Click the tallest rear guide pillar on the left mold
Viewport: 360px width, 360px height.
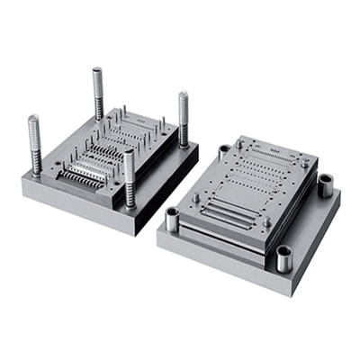[97, 94]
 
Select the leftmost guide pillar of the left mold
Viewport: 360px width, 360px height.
[35, 144]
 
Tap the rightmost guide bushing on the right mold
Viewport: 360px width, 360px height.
[325, 186]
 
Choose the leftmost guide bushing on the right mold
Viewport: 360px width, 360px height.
[172, 218]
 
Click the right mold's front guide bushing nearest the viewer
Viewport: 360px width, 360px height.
[283, 258]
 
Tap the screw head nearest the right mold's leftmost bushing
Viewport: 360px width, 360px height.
[196, 197]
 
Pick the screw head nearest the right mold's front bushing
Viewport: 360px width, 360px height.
[266, 221]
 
